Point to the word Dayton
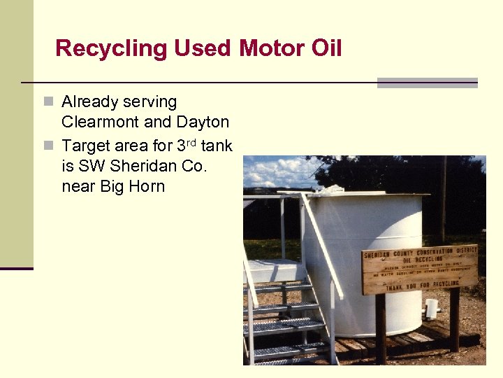(203, 122)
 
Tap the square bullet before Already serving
(48, 102)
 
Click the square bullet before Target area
(48, 146)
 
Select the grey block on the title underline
(427, 83)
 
